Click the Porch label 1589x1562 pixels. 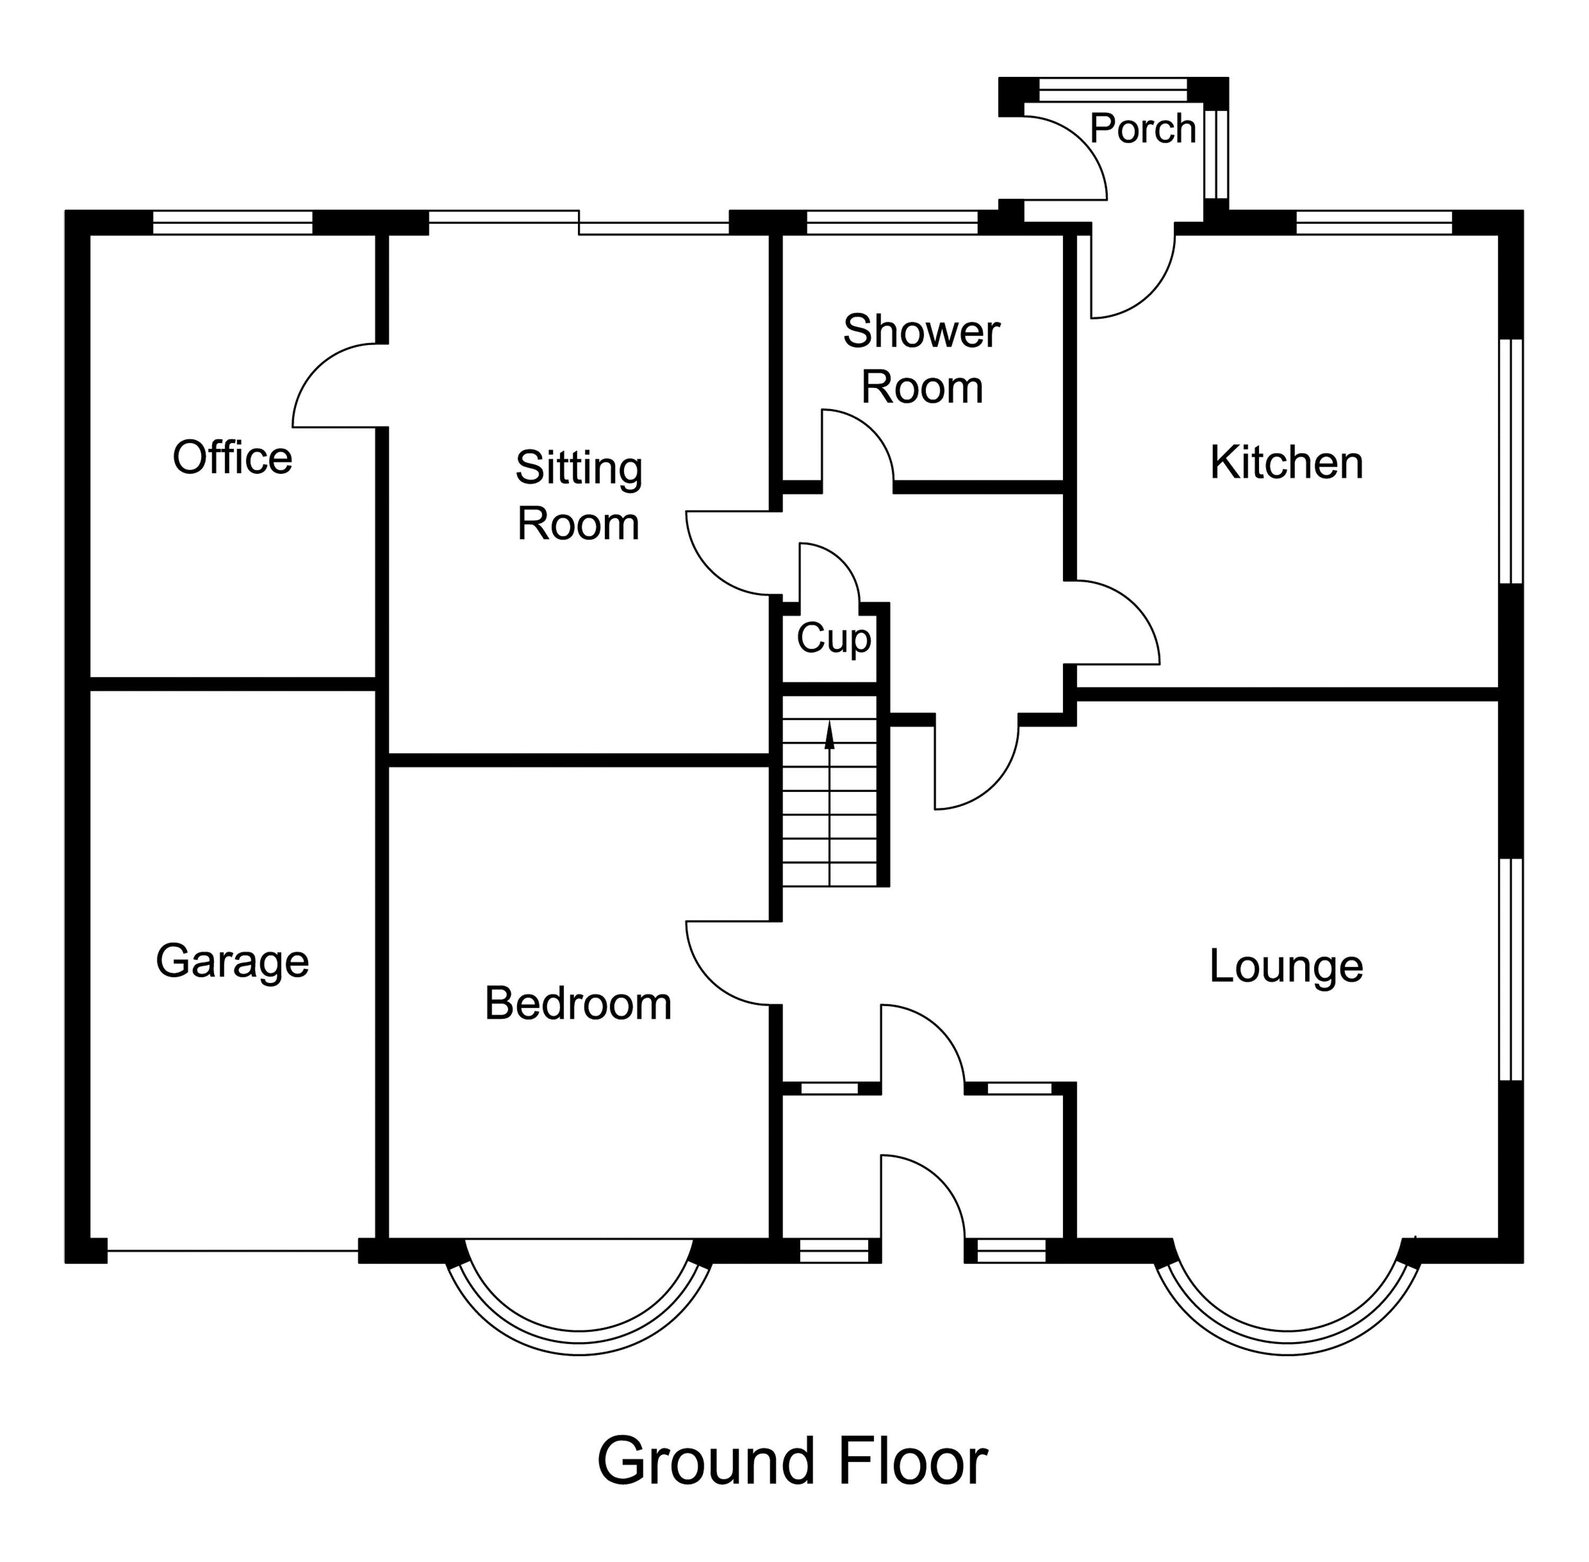(x=1142, y=129)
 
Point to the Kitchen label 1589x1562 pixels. (x=1286, y=463)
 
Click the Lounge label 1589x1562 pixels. (x=1286, y=966)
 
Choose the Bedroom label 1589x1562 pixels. (x=578, y=1003)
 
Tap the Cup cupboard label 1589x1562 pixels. (x=833, y=638)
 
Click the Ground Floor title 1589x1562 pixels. (x=792, y=1462)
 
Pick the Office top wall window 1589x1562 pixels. (x=233, y=222)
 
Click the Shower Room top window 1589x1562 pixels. (x=892, y=222)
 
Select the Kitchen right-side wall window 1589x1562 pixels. (x=1510, y=461)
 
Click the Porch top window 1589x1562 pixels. (x=1113, y=89)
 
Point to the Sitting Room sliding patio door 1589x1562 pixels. (x=578, y=222)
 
